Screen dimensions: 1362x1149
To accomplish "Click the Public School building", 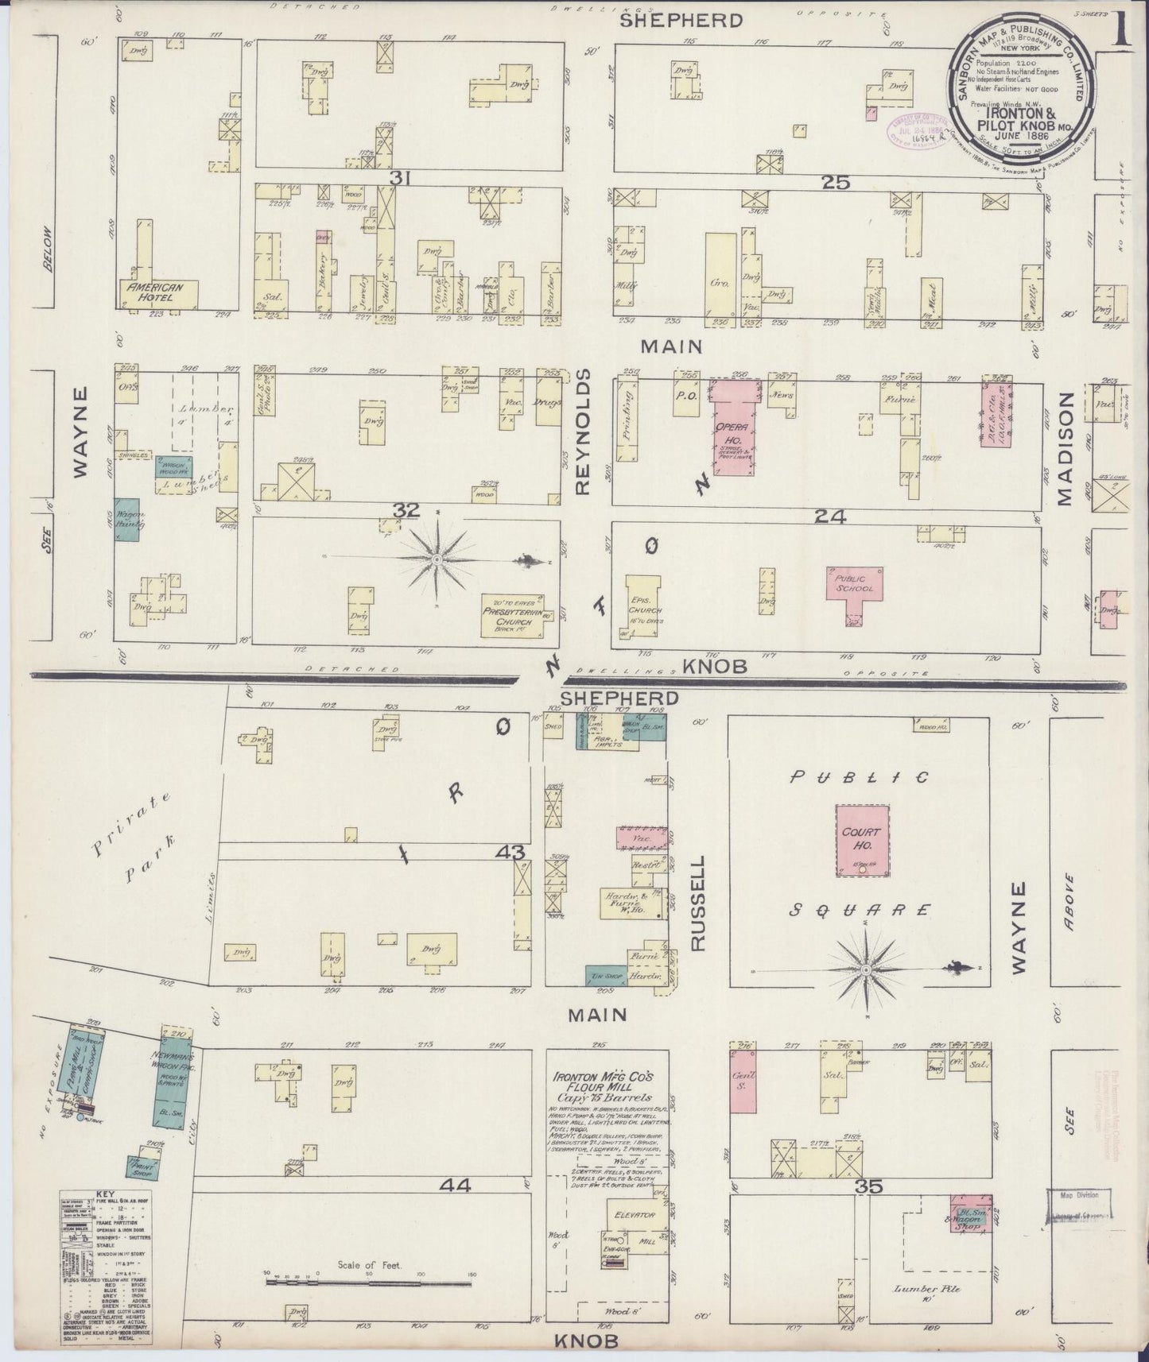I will tap(854, 585).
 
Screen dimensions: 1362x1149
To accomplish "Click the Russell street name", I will tap(697, 903).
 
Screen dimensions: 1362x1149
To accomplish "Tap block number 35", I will tap(870, 1187).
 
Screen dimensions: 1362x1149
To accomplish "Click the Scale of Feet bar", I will tap(371, 1281).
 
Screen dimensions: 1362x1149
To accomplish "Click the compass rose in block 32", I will tap(437, 560).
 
